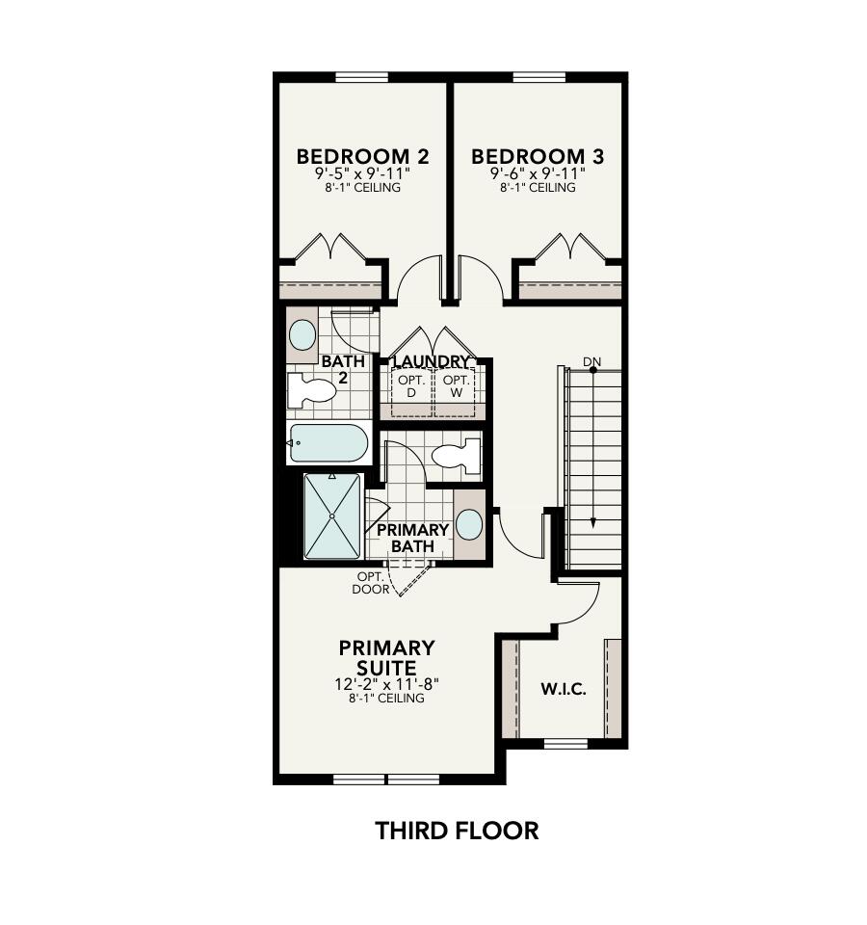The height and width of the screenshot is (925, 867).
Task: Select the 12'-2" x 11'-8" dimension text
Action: [x=386, y=684]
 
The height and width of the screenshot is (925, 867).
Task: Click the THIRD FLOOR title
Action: [x=457, y=831]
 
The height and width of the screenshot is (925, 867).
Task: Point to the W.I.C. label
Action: [x=564, y=690]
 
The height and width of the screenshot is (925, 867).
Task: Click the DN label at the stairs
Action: [x=591, y=362]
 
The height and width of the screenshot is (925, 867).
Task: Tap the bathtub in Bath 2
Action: [x=328, y=443]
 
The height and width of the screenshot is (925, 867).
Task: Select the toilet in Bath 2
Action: [x=310, y=390]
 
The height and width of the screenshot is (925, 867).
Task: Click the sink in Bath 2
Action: [x=302, y=335]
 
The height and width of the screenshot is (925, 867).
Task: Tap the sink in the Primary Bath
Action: [x=469, y=525]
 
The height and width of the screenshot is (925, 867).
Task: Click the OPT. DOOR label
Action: [x=370, y=583]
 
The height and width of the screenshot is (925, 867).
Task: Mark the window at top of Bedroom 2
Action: [x=361, y=77]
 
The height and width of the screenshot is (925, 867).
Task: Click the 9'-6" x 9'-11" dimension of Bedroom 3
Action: [x=538, y=174]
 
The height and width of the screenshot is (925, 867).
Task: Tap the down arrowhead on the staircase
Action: [x=593, y=522]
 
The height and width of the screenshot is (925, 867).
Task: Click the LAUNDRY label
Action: [x=432, y=362]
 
